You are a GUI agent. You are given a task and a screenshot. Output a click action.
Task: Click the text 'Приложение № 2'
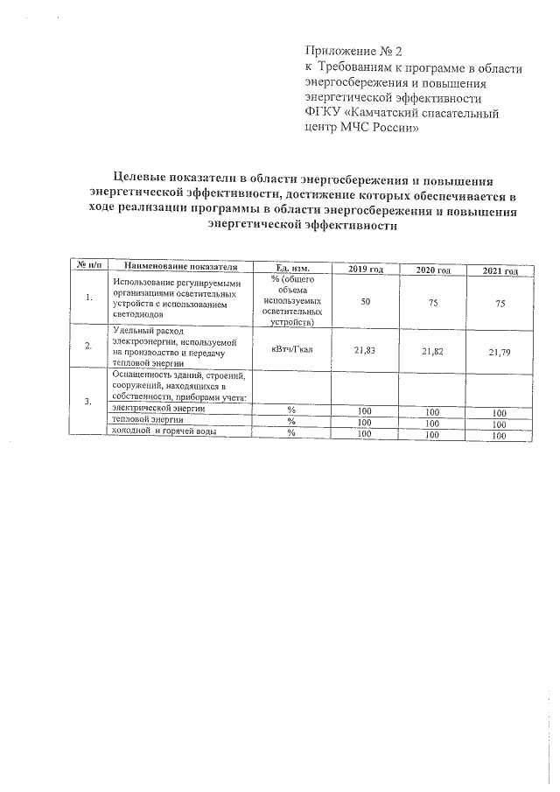click(352, 53)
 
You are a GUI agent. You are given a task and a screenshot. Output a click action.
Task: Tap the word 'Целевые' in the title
click(144, 179)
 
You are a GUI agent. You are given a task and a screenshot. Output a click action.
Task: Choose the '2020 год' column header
click(432, 270)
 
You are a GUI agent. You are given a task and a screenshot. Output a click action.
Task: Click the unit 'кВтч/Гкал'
click(290, 347)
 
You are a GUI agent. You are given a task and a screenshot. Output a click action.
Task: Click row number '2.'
click(88, 346)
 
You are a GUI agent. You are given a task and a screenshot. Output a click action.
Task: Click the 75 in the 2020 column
click(432, 301)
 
